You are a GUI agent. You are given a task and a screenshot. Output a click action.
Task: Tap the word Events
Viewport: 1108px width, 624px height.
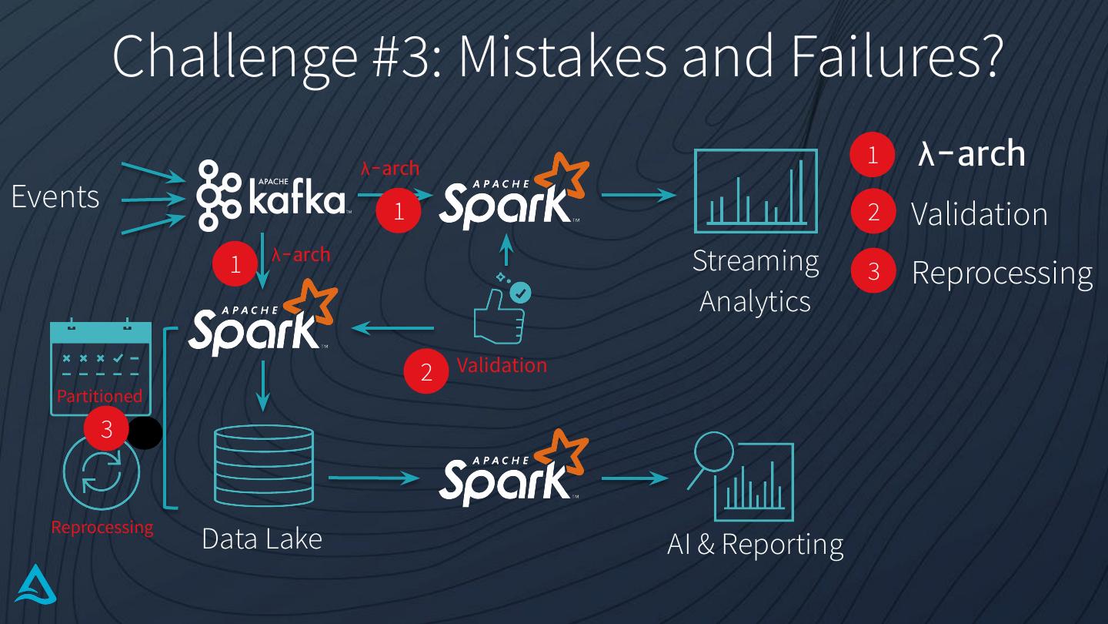[x=55, y=197]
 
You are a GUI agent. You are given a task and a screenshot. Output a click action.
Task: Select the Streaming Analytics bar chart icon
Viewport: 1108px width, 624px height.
[x=755, y=192]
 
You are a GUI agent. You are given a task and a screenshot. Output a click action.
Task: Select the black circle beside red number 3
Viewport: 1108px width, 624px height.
[x=145, y=433]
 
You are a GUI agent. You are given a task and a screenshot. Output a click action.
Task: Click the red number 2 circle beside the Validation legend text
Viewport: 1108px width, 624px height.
[x=873, y=212]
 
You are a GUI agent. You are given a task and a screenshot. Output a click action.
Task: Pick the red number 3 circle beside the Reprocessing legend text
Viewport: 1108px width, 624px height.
[x=873, y=271]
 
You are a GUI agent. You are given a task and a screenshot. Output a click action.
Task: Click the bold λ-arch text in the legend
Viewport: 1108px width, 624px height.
[x=972, y=153]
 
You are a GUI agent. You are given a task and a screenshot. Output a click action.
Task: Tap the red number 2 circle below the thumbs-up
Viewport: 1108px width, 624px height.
[x=426, y=371]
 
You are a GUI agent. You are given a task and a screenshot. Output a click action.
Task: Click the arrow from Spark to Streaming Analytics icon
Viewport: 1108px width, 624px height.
[x=637, y=195]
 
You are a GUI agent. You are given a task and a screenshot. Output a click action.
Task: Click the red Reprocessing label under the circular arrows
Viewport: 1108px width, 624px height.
[x=102, y=528]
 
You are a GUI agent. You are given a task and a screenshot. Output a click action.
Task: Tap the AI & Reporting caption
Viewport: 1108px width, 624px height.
[x=755, y=545]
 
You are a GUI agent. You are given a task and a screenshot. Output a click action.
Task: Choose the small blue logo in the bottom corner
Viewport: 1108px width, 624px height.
[x=36, y=585]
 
